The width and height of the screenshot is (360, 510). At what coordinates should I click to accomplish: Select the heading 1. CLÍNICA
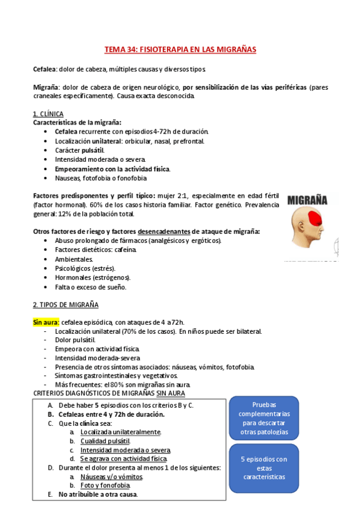pyautogui.click(x=48, y=114)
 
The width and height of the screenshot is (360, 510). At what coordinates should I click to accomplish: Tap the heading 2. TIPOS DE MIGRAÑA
pyautogui.click(x=66, y=305)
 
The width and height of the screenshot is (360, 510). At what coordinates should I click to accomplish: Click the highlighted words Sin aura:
pyautogui.click(x=46, y=322)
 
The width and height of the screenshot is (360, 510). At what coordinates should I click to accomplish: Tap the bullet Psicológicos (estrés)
pyautogui.click(x=85, y=268)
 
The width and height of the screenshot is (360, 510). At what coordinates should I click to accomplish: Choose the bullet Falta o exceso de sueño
pyautogui.click(x=91, y=287)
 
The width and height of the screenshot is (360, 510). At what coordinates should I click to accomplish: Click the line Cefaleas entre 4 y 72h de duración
pyautogui.click(x=111, y=414)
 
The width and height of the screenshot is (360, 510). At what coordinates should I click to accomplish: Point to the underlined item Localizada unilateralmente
pyautogui.click(x=120, y=432)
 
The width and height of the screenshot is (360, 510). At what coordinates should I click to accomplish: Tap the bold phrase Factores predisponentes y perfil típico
pyautogui.click(x=93, y=196)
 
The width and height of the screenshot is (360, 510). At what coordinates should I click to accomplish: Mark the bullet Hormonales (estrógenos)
pyautogui.click(x=93, y=277)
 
